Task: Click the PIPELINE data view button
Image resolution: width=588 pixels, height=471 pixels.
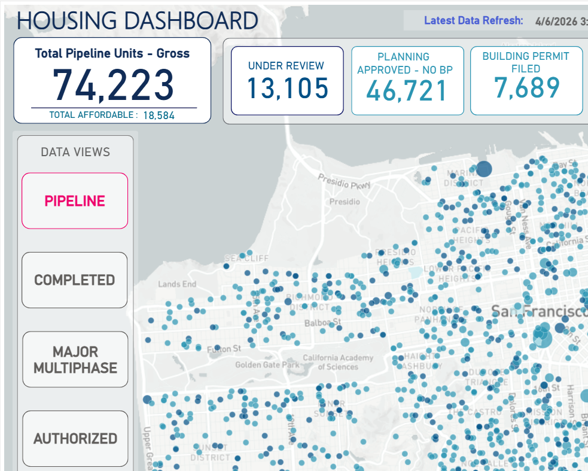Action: pos(75,201)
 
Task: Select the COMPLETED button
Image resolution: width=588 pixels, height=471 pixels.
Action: pos(75,280)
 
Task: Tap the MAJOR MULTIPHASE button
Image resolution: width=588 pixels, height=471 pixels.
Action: pos(75,360)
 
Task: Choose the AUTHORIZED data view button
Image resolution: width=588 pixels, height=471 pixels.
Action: pos(75,439)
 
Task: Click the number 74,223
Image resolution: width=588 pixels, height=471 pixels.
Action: pos(114,84)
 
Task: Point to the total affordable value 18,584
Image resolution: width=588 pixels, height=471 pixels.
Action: pos(159,116)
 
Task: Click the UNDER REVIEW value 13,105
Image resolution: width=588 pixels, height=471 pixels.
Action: pos(288,89)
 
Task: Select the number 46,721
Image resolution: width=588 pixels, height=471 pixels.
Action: pos(407,91)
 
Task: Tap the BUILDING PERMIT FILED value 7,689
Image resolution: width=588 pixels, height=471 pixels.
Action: pos(526,87)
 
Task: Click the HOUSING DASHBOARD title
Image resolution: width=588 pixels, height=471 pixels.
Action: pos(138,20)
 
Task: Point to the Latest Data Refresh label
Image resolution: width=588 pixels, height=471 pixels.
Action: pos(473,20)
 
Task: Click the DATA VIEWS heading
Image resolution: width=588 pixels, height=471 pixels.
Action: pos(75,152)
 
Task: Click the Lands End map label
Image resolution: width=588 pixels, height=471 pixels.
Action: pos(177,284)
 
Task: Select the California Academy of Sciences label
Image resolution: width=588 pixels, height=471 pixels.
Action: pos(338,362)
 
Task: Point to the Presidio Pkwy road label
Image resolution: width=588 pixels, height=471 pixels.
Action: pos(340,181)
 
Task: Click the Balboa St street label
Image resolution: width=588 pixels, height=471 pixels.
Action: pos(322,322)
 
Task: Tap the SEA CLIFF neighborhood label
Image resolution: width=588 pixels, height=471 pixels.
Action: pos(246,258)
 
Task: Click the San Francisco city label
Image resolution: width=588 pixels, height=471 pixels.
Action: pos(538,311)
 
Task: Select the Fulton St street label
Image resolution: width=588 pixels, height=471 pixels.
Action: pos(224,348)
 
